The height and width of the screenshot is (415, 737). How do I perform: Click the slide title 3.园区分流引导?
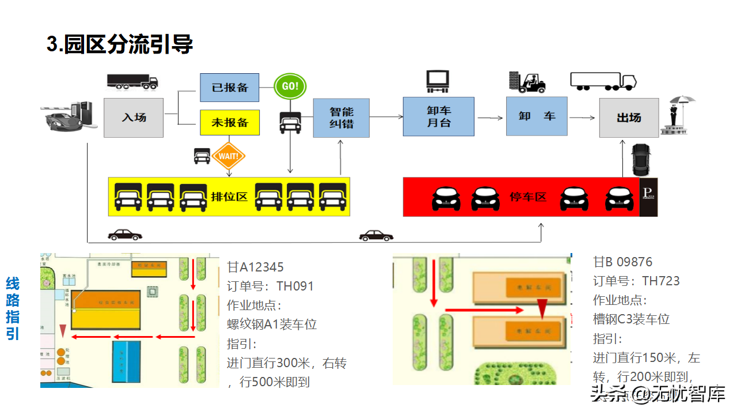coord(120,44)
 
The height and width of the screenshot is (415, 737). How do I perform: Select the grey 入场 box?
coord(134,118)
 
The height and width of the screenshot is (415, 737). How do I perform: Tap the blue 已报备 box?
coord(229,88)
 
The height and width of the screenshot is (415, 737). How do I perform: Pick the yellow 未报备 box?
coord(229,122)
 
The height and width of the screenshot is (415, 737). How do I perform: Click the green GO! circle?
coord(290,86)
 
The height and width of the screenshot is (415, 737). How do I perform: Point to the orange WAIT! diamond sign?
coord(229,156)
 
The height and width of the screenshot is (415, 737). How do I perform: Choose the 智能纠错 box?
coord(341,118)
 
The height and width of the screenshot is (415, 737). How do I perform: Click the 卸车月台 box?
coord(438,116)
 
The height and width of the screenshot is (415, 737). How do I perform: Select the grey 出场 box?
coord(629,118)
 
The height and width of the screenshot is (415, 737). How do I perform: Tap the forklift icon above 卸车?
coord(527,82)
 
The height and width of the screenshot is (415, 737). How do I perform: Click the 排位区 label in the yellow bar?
coord(229,197)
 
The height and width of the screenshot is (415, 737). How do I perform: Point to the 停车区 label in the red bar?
coord(528,197)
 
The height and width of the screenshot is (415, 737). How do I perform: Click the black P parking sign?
coord(648,197)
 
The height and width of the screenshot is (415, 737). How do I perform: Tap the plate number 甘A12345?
coord(255,267)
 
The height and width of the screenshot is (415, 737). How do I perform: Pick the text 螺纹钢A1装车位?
coord(272,325)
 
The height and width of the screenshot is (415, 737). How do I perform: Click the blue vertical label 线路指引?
coord(13,308)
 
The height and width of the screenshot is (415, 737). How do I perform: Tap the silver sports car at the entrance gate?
coord(62,120)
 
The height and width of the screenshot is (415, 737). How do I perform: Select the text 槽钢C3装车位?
coord(631,319)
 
